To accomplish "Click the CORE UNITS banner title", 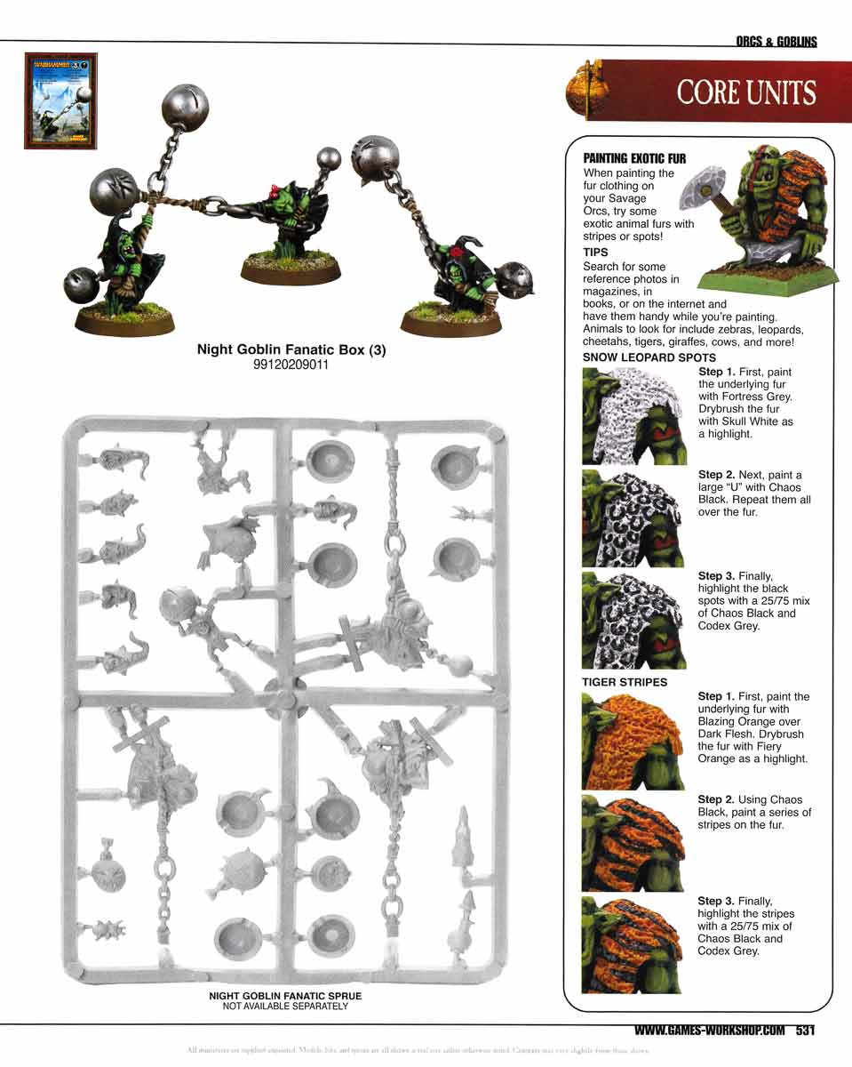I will click(745, 92).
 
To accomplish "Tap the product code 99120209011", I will click(291, 364).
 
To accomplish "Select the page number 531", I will click(805, 1031).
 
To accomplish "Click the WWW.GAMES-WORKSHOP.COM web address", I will click(710, 1031).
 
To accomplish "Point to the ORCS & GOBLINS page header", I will click(776, 42).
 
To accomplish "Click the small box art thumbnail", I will click(60, 100).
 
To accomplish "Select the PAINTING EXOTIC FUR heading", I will click(633, 158).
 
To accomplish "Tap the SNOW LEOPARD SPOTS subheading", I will click(636, 357).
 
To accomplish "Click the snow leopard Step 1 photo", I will click(633, 415).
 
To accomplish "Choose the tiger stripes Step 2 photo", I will click(633, 843).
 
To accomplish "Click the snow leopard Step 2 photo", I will click(633, 518).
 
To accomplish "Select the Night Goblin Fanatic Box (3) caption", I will click(291, 350).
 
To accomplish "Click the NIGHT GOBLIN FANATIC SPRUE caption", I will click(285, 997).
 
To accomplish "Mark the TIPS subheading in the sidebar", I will click(595, 253).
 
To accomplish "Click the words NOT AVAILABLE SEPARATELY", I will click(285, 1007).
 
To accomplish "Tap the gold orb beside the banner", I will click(584, 89).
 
